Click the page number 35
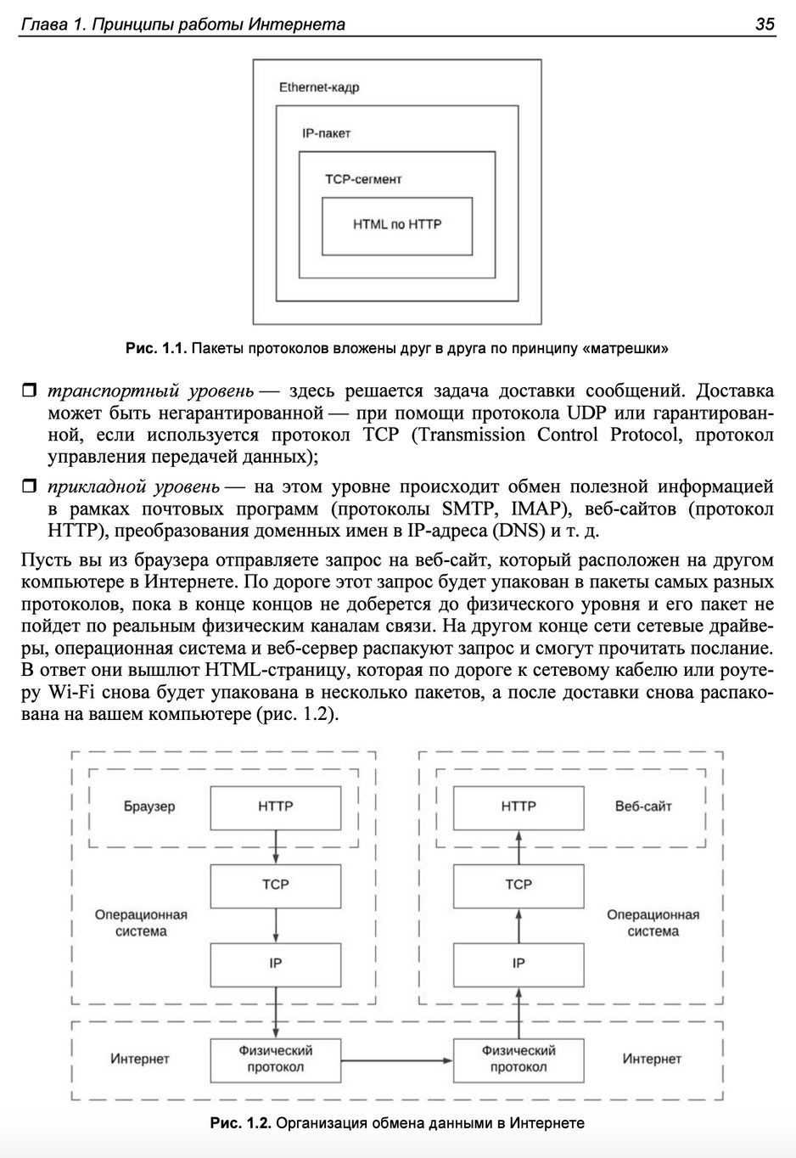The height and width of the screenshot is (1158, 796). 764,24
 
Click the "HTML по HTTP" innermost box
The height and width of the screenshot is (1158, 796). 397,225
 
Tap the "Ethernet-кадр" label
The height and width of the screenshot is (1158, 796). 319,87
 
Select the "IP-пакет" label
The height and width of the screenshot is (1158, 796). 326,133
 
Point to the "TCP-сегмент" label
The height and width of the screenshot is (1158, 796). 363,179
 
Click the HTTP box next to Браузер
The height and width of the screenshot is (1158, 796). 275,807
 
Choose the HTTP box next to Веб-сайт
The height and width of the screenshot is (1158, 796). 519,807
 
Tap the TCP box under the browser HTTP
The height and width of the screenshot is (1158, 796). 275,885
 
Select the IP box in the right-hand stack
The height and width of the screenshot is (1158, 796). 519,963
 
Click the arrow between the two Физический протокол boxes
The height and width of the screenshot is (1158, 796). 397,1060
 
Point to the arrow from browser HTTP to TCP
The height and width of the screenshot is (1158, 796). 276,846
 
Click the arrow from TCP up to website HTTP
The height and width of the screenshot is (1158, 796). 519,846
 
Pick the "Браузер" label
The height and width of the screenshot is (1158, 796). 149,807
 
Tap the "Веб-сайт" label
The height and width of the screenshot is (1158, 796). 643,807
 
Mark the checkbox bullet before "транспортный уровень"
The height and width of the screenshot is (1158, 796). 29,391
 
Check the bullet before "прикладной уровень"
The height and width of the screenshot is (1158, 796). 29,487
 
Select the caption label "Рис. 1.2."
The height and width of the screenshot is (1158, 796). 240,1123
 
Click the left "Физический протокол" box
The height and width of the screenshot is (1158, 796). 275,1060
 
